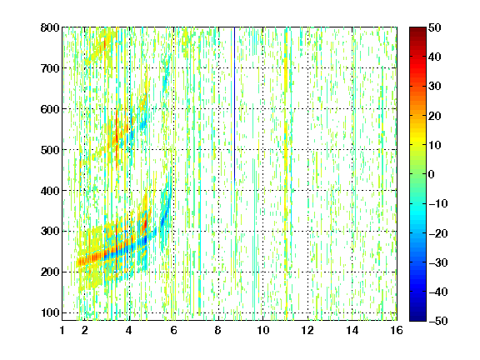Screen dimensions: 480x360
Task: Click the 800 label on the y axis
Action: click(50, 27)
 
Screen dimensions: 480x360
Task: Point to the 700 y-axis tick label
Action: click(50, 68)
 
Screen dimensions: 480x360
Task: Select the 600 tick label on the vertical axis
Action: click(50, 109)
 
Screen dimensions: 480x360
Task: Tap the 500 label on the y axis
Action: click(50, 150)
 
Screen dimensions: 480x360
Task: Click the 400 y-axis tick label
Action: click(50, 191)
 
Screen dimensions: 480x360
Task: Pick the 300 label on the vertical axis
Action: click(50, 231)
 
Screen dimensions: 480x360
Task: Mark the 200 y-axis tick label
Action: click(50, 272)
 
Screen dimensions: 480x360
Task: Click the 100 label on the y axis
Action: click(50, 312)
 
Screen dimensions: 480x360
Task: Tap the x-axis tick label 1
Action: click(62, 330)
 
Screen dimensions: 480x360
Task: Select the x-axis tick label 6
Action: click(173, 330)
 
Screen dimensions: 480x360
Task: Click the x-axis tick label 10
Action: click(263, 330)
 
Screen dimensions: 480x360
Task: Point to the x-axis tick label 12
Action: click(307, 330)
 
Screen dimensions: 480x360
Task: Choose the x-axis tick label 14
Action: click(352, 330)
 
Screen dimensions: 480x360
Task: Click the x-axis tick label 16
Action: click(397, 330)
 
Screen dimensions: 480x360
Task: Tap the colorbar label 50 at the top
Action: click(435, 27)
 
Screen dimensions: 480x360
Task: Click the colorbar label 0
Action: click(432, 174)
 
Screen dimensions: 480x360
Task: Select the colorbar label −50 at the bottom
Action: click(438, 321)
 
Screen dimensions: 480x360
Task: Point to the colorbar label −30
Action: click(438, 262)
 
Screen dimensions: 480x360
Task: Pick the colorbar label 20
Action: click(435, 116)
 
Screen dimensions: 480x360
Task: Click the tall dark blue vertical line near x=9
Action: click(234, 104)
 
